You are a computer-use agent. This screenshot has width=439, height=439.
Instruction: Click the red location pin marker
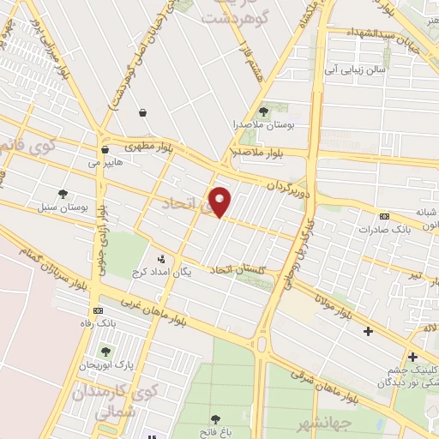point(220,201)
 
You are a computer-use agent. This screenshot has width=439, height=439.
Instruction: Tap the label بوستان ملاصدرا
point(263,124)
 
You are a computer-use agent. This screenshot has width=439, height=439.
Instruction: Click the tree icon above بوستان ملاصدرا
point(263,111)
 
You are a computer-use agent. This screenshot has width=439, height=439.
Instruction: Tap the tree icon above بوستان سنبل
point(63,194)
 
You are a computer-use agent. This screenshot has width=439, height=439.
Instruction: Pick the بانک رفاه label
point(99,323)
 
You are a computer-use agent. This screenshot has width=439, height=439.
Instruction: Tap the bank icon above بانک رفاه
point(99,310)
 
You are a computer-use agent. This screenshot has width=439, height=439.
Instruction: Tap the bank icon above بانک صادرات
point(384,216)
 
